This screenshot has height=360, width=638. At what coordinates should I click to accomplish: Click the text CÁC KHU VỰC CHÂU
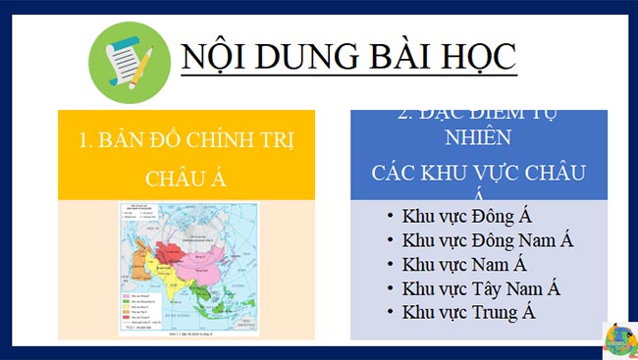coord(478,172)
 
